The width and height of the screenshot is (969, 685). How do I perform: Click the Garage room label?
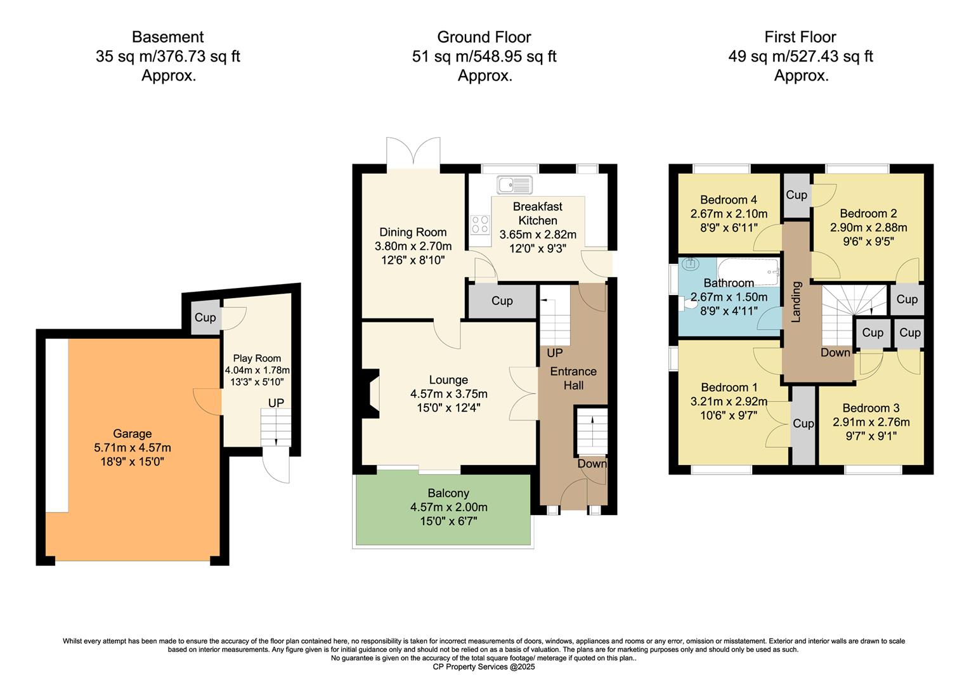click(132, 434)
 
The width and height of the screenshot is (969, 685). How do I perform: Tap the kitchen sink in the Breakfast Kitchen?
click(514, 185)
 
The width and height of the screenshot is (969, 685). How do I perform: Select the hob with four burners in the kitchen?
click(480, 224)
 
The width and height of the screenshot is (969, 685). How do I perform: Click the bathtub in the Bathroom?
click(748, 271)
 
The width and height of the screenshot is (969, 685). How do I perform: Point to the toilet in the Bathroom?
click(686, 304)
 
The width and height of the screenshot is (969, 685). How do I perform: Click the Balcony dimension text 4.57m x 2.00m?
click(448, 507)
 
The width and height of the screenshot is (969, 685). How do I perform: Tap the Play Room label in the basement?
click(257, 358)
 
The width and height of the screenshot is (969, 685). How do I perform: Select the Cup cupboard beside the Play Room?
click(205, 318)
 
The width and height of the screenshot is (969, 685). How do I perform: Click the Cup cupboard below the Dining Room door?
click(502, 301)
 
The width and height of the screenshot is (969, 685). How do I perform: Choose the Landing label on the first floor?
click(796, 302)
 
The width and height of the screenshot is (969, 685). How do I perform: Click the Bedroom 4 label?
click(729, 200)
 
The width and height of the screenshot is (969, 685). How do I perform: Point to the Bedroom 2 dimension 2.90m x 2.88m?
click(868, 228)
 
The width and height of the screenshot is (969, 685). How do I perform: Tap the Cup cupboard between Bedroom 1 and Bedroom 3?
click(803, 424)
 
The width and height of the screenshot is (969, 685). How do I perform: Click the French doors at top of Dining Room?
click(413, 154)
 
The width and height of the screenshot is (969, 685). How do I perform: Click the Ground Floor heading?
click(484, 37)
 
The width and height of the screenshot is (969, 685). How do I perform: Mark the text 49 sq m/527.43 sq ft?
click(800, 56)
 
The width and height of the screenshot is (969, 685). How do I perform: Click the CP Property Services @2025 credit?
click(484, 667)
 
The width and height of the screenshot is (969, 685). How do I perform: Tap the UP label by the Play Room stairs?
click(276, 403)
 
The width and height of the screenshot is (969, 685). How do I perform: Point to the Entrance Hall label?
click(573, 378)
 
